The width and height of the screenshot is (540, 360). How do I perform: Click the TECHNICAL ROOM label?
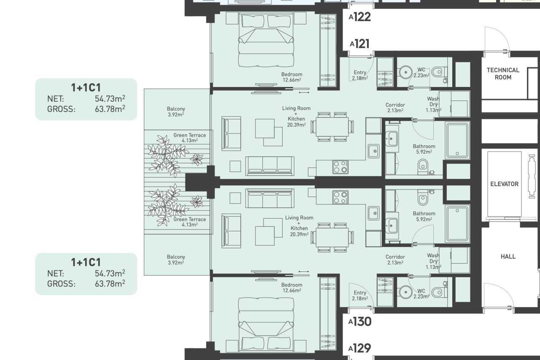[503, 73]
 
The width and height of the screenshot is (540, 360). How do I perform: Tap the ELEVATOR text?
[504, 184]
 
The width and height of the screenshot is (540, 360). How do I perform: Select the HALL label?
[508, 256]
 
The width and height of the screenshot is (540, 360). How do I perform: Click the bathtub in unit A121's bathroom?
[457, 141]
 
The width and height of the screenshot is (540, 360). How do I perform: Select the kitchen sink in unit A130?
[373, 213]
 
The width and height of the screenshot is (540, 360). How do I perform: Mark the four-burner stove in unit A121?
[340, 167]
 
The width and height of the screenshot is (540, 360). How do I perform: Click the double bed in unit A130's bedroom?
[266, 321]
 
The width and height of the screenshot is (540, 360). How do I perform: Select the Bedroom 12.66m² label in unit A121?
[292, 77]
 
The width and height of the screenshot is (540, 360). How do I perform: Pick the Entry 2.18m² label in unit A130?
[360, 295]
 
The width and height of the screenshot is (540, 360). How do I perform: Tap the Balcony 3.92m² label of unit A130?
[175, 260]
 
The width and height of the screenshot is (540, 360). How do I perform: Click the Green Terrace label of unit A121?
[189, 138]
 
